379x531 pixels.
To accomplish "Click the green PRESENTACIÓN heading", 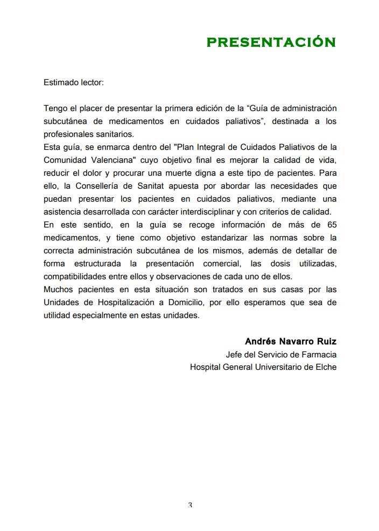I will click(271, 43).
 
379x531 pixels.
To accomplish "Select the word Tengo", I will click(55, 108).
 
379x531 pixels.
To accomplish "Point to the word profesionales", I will click(69, 134).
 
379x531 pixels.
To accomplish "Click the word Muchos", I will click(58, 289).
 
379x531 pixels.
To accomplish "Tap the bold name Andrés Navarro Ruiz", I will click(291, 342).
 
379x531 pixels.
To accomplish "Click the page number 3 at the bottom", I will click(190, 505).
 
